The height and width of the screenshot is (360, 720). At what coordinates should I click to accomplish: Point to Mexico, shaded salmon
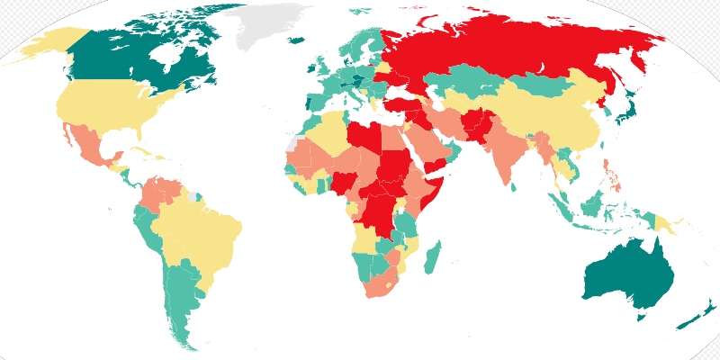pyautogui.click(x=90, y=148)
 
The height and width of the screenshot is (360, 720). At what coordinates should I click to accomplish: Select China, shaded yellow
pyautogui.click(x=549, y=117)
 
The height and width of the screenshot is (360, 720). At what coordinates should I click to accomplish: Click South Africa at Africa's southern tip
pyautogui.click(x=378, y=283)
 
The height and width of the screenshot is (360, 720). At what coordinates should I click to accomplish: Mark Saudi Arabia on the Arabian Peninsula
pyautogui.click(x=423, y=148)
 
